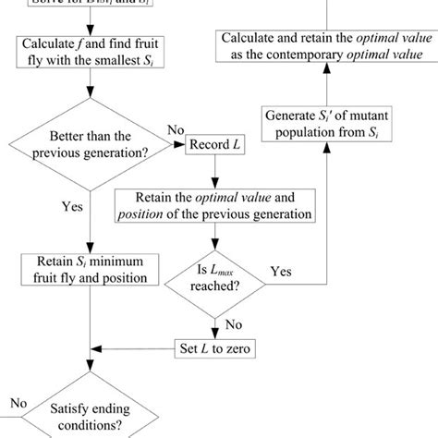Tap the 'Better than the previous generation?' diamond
90,145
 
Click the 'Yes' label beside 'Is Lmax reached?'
281,273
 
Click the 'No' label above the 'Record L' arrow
175,132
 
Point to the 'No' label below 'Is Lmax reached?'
234,324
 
